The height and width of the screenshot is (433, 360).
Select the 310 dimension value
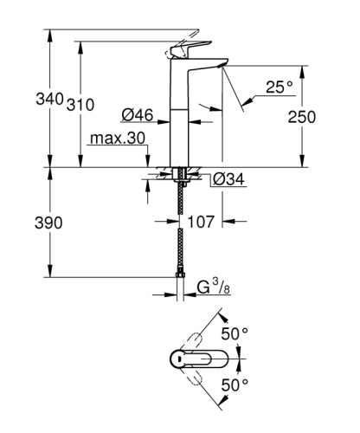tap(80, 105)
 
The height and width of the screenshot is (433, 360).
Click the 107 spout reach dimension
tap(202, 223)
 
